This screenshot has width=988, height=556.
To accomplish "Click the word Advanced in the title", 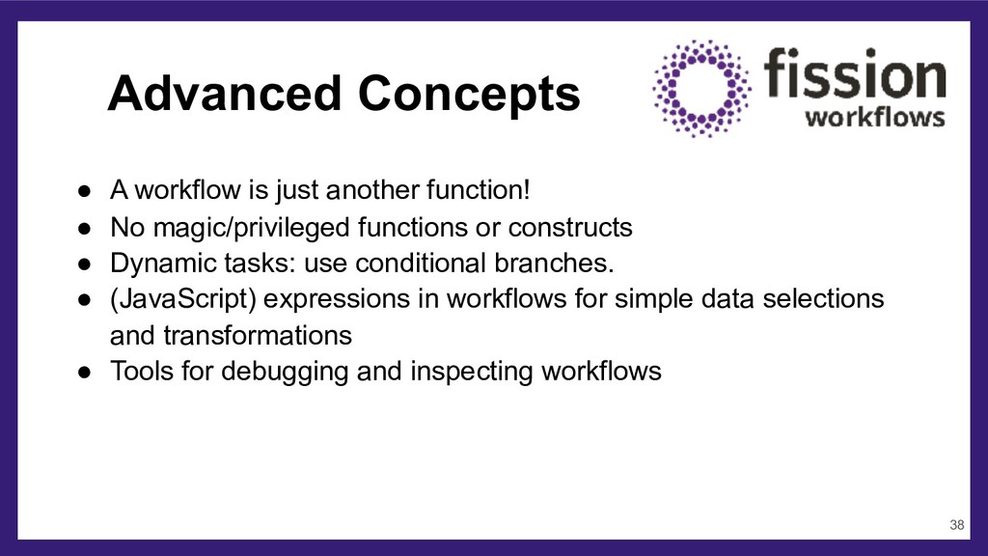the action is coord(224,94).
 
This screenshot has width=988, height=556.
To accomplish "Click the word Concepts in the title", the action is coord(469,94).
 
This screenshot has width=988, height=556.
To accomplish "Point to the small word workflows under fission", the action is coord(874,117).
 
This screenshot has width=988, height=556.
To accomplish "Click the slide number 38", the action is coord(956,524).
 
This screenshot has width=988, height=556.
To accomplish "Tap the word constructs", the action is coord(569,228).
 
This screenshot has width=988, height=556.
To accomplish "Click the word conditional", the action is coord(426,263).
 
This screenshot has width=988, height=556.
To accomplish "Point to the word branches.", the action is coord(554,263).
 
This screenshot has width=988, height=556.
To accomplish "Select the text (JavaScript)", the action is coord(182,299).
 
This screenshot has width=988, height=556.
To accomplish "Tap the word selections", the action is coord(823,298).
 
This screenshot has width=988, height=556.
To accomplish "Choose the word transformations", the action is coord(257,335).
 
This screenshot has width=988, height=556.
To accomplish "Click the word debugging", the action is coord(285,372).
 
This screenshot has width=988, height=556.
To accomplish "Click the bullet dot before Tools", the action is coord(85,372).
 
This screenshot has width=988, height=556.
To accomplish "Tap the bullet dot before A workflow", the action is coord(85,191).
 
